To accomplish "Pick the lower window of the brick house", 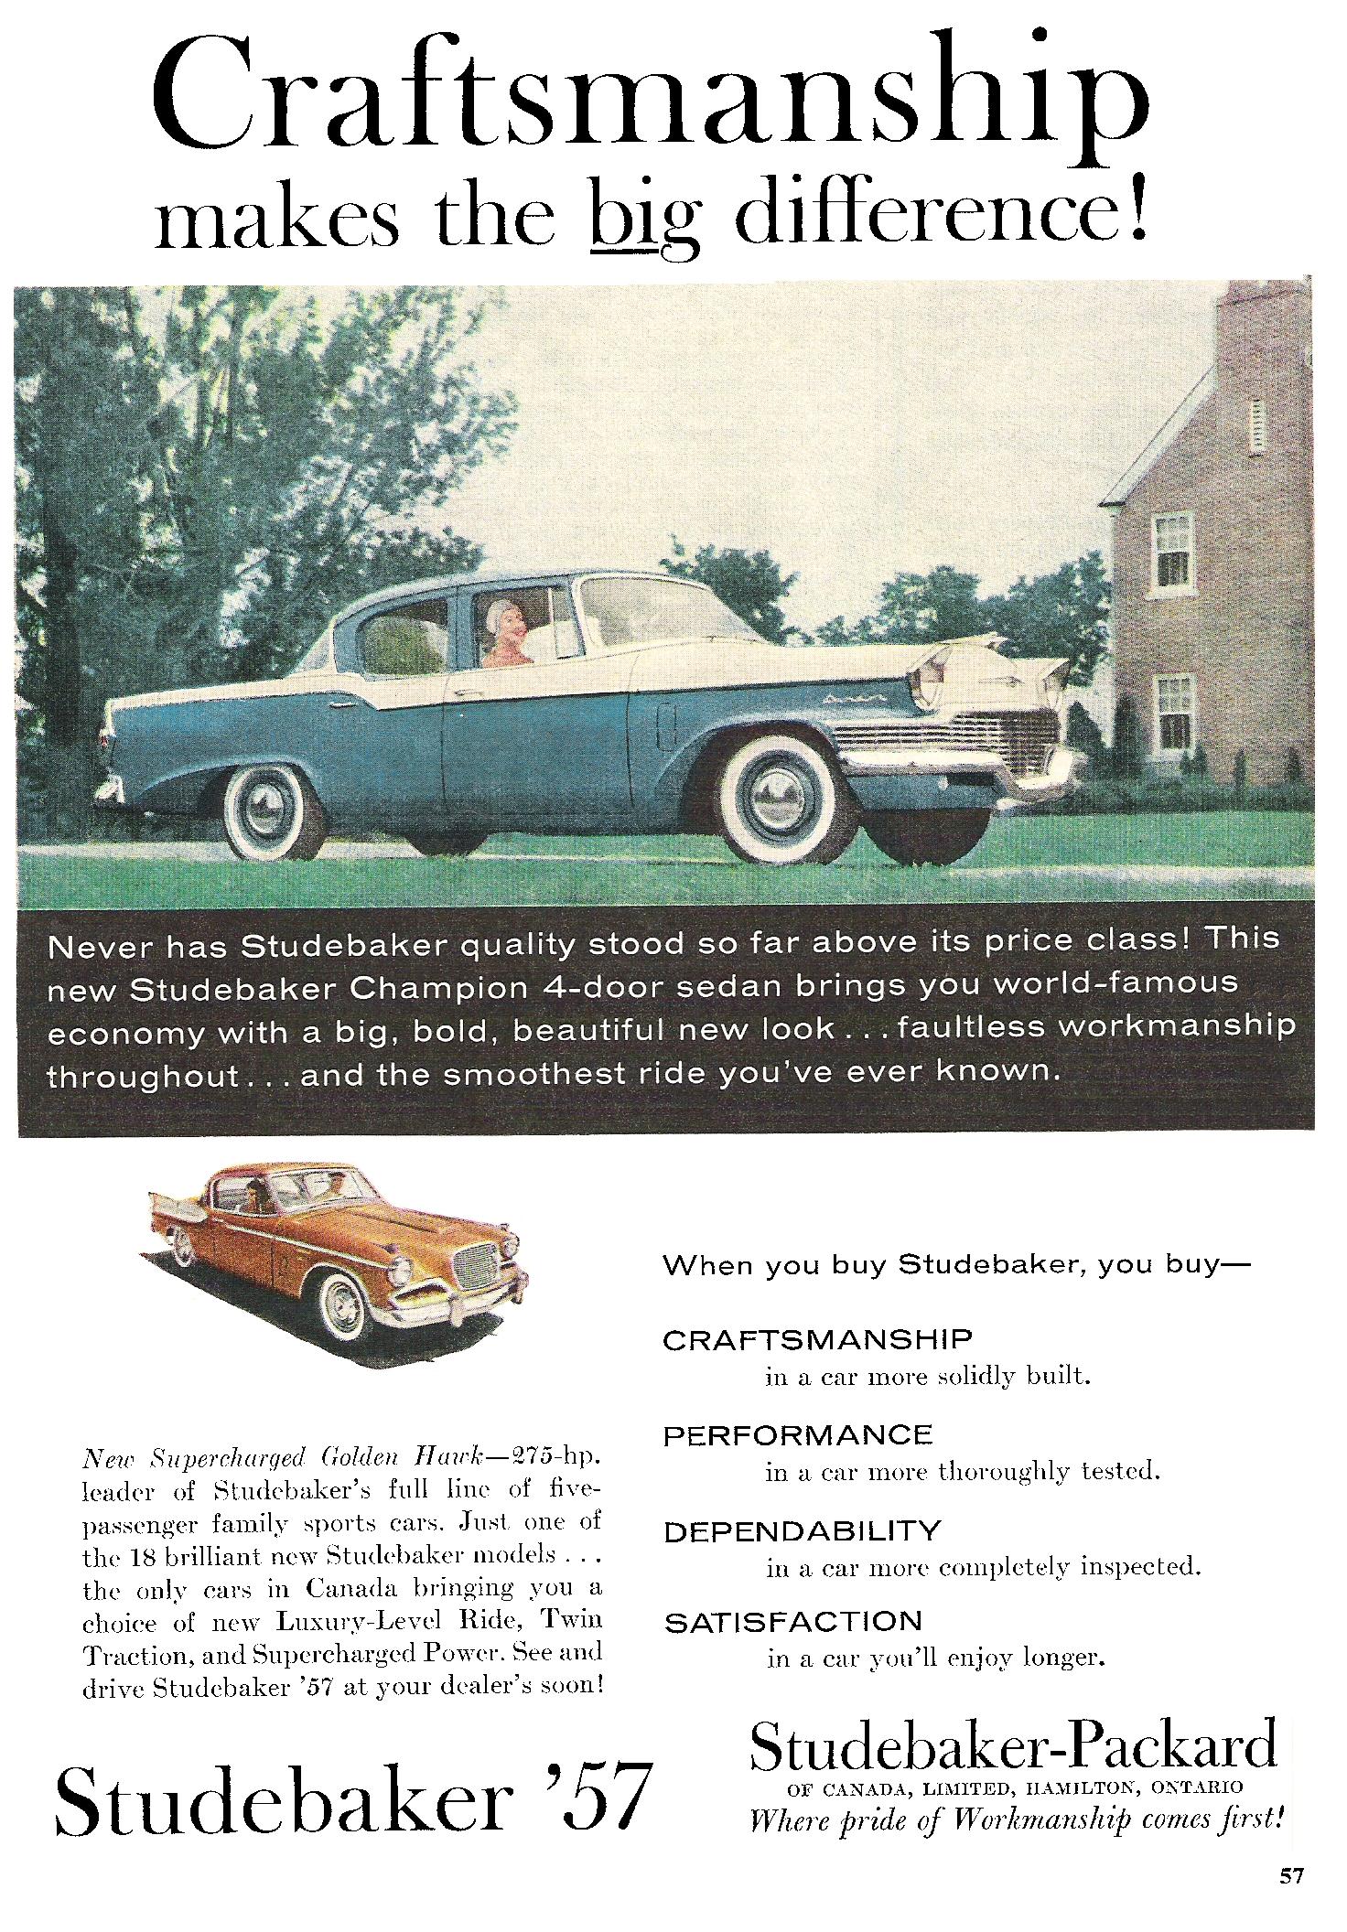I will tap(1172, 713).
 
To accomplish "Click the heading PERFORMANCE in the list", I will tap(797, 1435).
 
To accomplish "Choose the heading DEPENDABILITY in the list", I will tap(802, 1530).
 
